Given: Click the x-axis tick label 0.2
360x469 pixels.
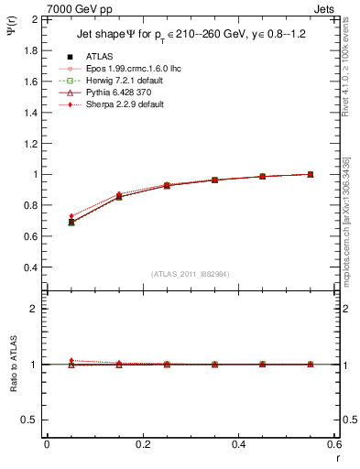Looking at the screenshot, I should [x=142, y=444].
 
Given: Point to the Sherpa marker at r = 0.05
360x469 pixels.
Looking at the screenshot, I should [x=71, y=216].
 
